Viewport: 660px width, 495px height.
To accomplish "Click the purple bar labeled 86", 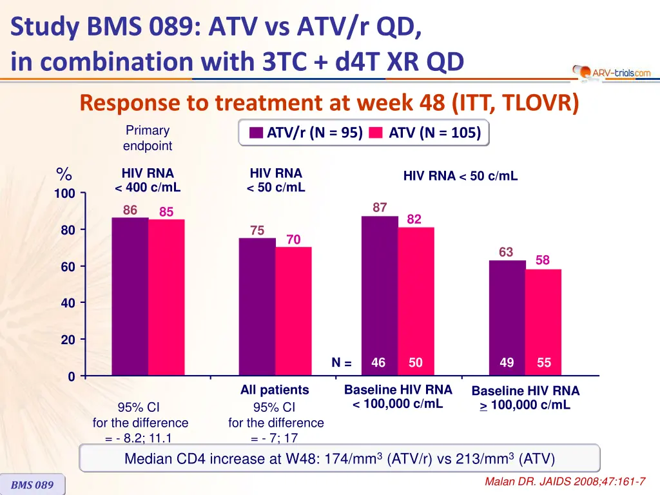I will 130,296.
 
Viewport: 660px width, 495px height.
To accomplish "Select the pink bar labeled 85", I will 166,298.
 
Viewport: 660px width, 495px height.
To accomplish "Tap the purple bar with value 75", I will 257,307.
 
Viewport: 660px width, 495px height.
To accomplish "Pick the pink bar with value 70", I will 293,311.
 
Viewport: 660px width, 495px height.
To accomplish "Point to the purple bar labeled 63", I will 507,318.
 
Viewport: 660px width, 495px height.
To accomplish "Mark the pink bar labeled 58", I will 543,322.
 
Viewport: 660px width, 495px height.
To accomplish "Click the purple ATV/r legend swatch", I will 256,133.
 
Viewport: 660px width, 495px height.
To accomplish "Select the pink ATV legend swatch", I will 377,133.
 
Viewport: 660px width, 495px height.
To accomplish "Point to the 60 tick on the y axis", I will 68,267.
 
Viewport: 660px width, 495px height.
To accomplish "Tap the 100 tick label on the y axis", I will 64,194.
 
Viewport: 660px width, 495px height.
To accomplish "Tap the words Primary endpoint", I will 148,138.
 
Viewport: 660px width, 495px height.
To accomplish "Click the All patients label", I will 275,390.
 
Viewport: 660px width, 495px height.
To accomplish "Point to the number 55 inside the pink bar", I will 544,363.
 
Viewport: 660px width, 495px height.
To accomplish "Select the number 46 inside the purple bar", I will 378,363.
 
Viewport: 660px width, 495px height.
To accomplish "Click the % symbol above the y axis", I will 64,174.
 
